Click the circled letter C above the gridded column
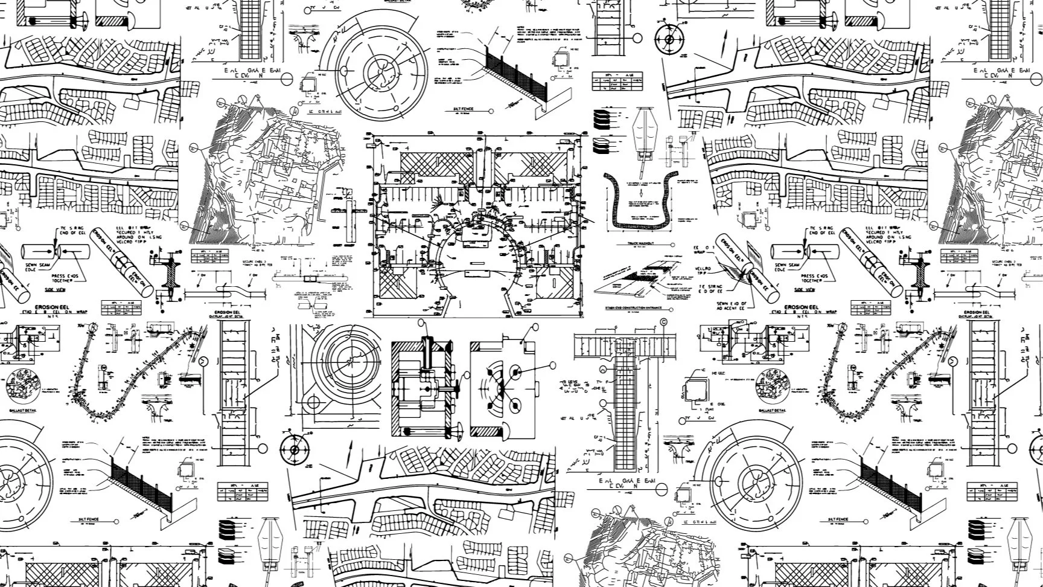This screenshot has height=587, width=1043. [664, 322]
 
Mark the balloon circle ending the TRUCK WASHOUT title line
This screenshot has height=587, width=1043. [673, 245]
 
